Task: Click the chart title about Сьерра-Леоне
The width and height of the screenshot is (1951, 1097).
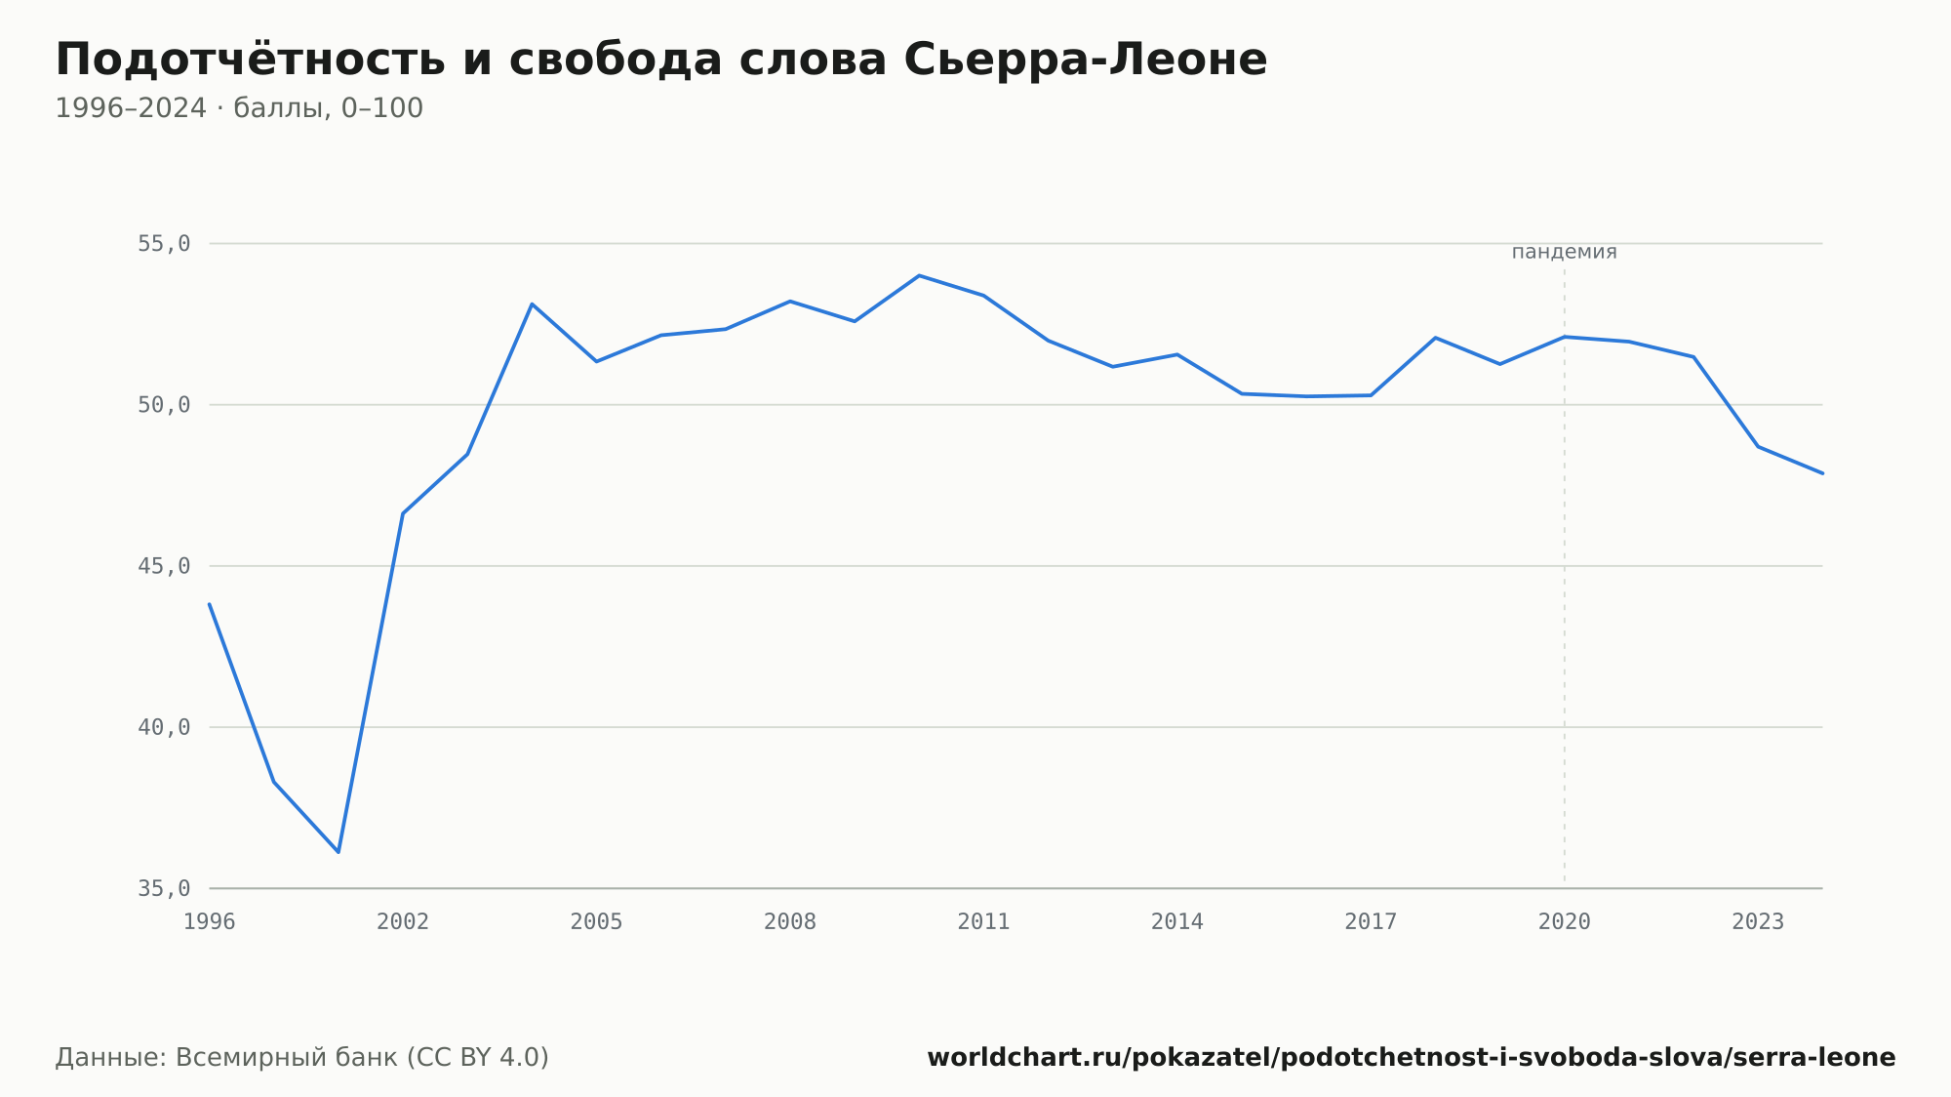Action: click(661, 60)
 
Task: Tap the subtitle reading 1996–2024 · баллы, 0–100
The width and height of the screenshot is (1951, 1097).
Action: click(239, 108)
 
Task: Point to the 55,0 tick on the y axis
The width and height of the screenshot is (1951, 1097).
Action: click(164, 244)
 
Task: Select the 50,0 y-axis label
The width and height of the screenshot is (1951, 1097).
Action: click(164, 405)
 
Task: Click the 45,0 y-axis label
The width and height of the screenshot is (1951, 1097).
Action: click(164, 566)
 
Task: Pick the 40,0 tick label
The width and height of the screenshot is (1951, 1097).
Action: click(164, 727)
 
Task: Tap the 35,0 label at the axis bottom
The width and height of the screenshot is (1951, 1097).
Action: click(164, 888)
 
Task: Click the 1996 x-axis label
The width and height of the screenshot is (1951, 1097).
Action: click(210, 922)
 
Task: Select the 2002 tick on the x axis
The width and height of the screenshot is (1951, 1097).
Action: click(403, 922)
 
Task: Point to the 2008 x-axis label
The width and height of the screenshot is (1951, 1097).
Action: click(790, 922)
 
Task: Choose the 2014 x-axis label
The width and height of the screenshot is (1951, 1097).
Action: click(1177, 922)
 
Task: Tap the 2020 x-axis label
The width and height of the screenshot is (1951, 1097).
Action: click(1565, 922)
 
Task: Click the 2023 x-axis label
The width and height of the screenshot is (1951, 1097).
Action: click(1758, 922)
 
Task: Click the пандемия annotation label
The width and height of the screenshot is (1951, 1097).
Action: click(1565, 252)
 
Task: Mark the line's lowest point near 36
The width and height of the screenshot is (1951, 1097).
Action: click(338, 852)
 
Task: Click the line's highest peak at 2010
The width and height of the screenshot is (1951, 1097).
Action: click(919, 275)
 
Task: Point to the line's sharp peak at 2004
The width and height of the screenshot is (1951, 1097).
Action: click(532, 304)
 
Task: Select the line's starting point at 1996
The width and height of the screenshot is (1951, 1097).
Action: click(210, 604)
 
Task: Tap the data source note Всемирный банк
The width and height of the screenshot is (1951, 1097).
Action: click(302, 1058)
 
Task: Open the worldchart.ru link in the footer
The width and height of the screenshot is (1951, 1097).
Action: click(1411, 1058)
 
